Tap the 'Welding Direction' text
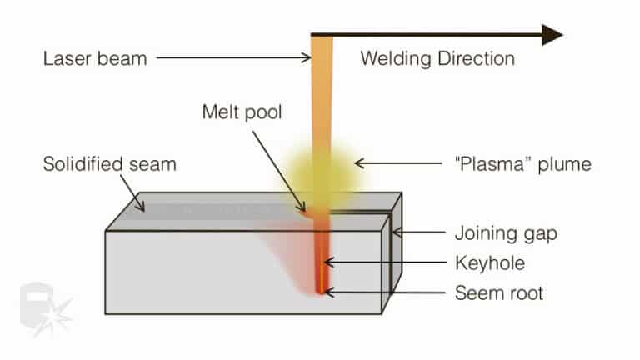(x=437, y=59)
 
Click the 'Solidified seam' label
(x=109, y=164)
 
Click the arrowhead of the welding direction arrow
(x=552, y=34)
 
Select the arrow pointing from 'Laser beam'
(x=233, y=58)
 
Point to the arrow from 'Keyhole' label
(x=383, y=262)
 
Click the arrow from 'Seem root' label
(x=383, y=292)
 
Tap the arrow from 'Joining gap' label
(x=421, y=233)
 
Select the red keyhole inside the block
(x=321, y=258)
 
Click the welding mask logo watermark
(x=46, y=308)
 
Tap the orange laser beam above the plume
(x=321, y=92)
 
